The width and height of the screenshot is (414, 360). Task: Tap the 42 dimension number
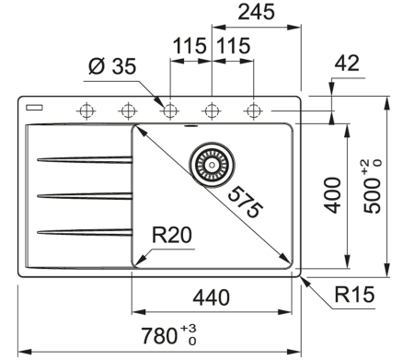347,64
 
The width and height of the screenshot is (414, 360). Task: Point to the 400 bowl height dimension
333,194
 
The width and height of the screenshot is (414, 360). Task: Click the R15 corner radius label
355,297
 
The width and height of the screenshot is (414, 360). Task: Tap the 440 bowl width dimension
213,297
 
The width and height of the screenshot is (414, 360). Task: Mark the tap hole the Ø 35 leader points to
169,110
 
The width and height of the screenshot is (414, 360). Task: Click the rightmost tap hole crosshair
253,110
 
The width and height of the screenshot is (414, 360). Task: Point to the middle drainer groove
83,195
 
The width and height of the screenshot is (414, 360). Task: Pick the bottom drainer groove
83,229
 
